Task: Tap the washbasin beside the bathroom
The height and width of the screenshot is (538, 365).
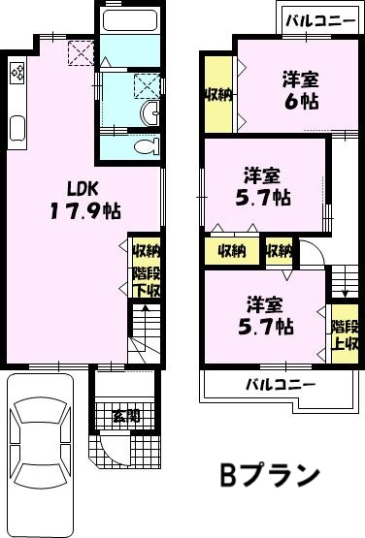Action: tap(150, 113)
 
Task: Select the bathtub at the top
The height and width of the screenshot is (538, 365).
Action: tap(130, 21)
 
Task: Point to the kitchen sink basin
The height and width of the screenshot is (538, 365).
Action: tap(17, 129)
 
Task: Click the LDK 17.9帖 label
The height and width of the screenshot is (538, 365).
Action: tap(85, 200)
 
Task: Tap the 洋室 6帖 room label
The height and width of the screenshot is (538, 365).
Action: tap(301, 90)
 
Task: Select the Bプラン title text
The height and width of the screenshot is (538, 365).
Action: tap(270, 475)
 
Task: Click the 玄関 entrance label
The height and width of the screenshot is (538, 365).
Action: tap(126, 416)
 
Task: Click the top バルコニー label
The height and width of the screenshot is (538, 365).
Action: tap(321, 21)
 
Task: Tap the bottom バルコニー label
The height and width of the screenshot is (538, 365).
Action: tap(281, 384)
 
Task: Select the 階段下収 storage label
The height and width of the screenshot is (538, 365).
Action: tap(147, 282)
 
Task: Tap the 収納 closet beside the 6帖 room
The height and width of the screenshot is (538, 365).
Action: tap(218, 95)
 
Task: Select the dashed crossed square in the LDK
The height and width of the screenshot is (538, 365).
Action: tap(82, 53)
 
